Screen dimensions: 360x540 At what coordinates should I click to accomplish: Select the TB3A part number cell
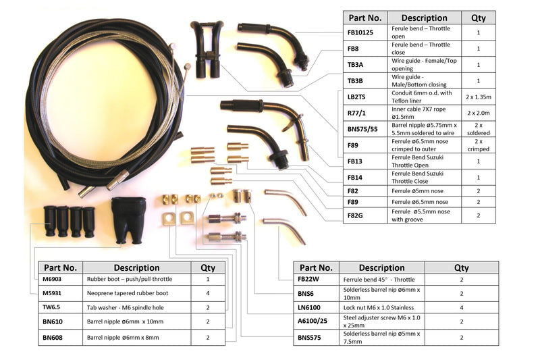click(355, 65)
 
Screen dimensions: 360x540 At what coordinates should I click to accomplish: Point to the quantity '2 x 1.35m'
click(478, 97)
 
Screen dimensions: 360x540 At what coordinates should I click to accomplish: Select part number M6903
click(55, 278)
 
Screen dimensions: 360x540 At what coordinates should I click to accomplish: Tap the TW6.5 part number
click(55, 307)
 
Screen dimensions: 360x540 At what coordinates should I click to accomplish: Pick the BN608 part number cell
click(55, 336)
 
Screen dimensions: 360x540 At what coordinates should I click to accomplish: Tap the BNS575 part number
click(311, 337)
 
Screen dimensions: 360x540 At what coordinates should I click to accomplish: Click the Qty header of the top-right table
click(478, 18)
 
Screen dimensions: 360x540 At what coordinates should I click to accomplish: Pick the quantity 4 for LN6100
click(461, 307)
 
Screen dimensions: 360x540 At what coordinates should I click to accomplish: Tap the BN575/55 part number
click(362, 129)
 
